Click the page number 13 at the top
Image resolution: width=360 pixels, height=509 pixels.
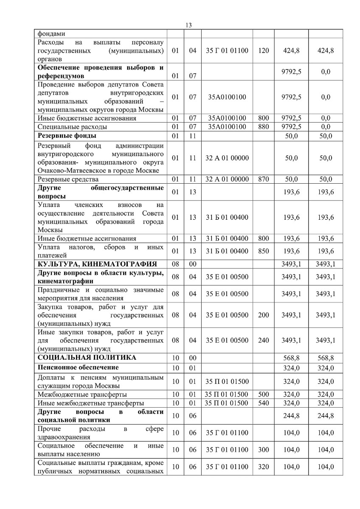click(189, 25)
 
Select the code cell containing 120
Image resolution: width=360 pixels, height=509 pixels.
click(263, 50)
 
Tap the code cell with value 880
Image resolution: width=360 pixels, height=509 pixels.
click(263, 126)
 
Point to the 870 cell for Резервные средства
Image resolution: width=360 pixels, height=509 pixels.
click(263, 179)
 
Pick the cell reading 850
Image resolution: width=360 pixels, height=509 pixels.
click(263, 251)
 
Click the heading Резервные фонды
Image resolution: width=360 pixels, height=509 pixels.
click(67, 136)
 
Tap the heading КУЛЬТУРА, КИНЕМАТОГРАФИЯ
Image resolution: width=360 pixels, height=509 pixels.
click(97, 264)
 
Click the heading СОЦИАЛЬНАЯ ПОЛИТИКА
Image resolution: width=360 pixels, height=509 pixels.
click(87, 357)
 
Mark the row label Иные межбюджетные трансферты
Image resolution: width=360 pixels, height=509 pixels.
click(90, 403)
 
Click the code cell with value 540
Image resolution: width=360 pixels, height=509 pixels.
click(263, 403)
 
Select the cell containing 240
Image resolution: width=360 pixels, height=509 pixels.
click(263, 340)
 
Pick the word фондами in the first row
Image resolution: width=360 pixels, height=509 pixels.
click(51, 34)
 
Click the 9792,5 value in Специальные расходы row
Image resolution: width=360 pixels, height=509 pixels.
click(291, 126)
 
